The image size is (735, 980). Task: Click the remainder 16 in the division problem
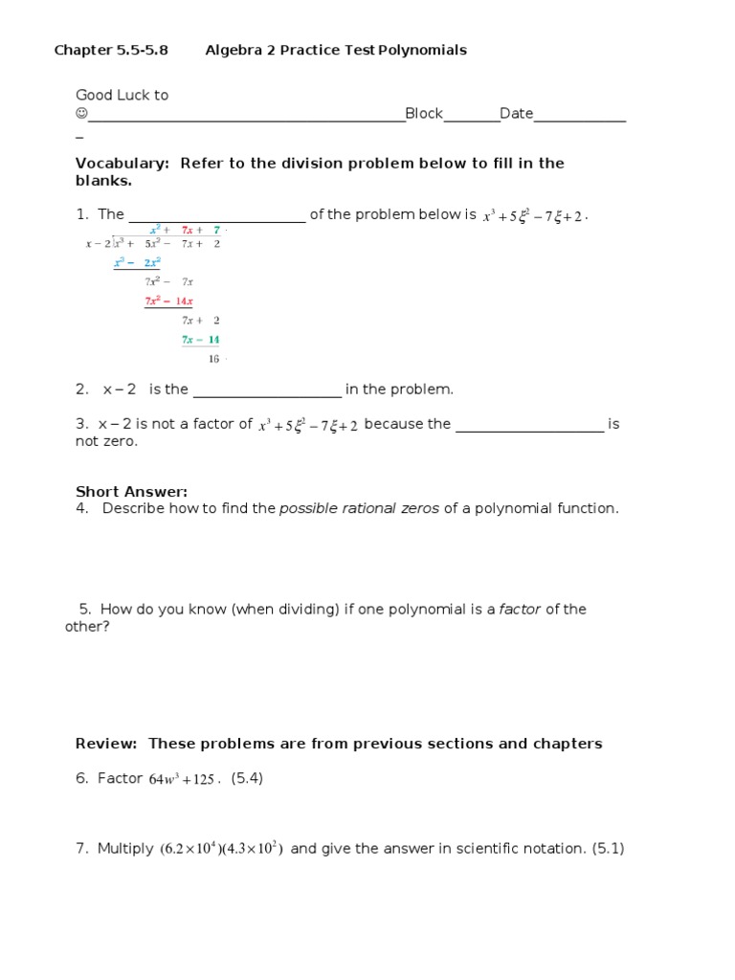[x=213, y=359]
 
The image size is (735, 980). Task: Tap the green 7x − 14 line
[x=201, y=340]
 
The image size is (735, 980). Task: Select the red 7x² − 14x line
[x=168, y=301]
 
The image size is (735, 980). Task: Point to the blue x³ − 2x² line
[x=137, y=262]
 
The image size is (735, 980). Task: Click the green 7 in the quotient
[x=217, y=231]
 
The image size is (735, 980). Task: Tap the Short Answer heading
[x=131, y=492]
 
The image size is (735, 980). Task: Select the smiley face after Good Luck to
[x=81, y=114]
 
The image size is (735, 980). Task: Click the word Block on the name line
[x=424, y=114]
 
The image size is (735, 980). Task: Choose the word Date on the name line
[x=516, y=114]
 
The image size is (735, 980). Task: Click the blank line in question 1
[x=216, y=216]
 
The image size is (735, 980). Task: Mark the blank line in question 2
[x=267, y=390]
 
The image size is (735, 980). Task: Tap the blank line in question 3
[x=529, y=425]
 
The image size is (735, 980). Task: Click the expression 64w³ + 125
[x=181, y=780]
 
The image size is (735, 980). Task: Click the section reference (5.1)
[x=608, y=849]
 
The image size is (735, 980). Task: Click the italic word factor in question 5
[x=521, y=610]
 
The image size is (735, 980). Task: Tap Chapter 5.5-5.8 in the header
[x=111, y=50]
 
